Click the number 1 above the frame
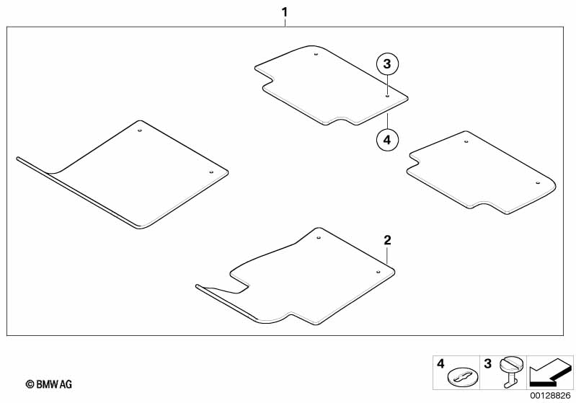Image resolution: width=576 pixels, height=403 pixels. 285,12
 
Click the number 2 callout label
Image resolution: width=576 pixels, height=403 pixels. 387,240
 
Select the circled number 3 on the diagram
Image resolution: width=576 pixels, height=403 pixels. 387,64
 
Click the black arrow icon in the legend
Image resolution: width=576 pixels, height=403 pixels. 551,373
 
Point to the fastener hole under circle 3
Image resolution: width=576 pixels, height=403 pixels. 387,95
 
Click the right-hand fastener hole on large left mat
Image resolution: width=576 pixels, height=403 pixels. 211,173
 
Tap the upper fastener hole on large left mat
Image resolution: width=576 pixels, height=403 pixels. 141,131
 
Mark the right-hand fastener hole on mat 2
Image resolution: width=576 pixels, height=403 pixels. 378,270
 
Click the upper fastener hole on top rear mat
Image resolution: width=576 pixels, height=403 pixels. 317,54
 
